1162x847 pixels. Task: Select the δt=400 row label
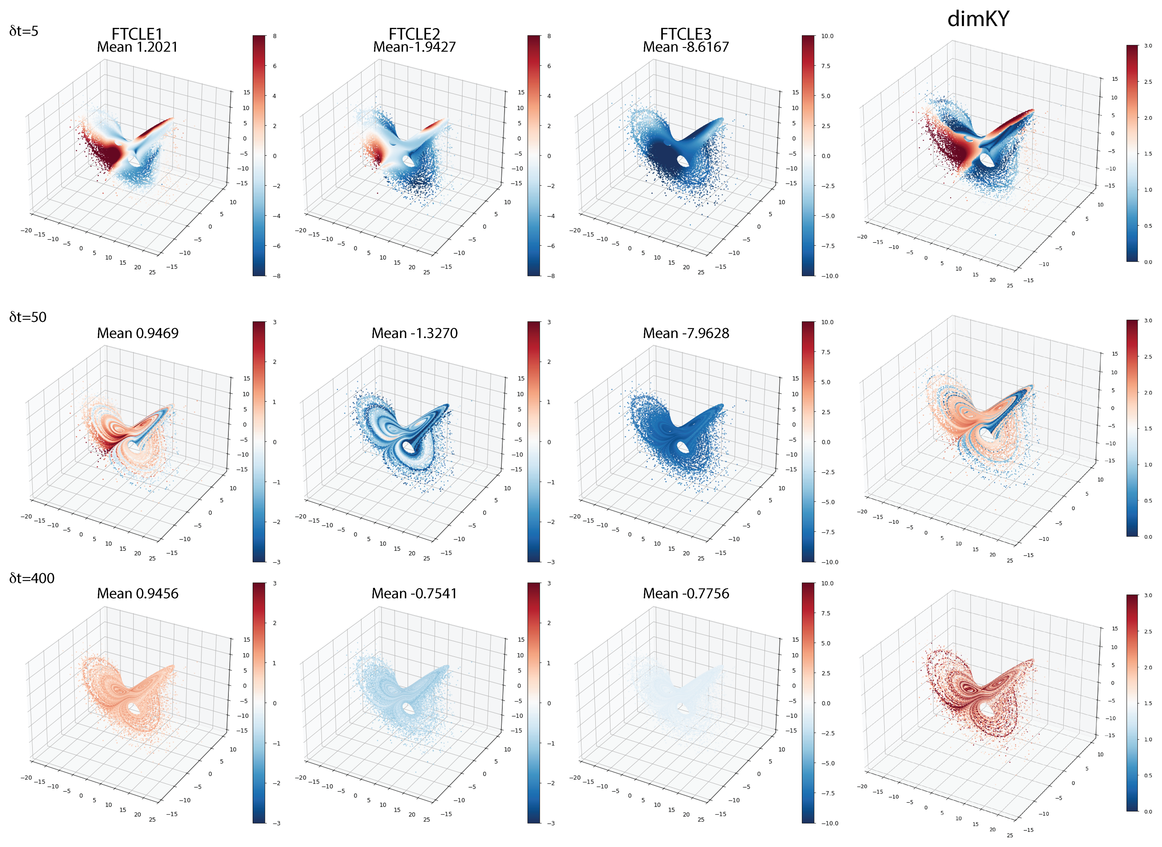click(32, 578)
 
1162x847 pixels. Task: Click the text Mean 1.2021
click(137, 47)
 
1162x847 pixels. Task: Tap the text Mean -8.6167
click(685, 47)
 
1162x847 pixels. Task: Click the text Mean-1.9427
click(414, 47)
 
